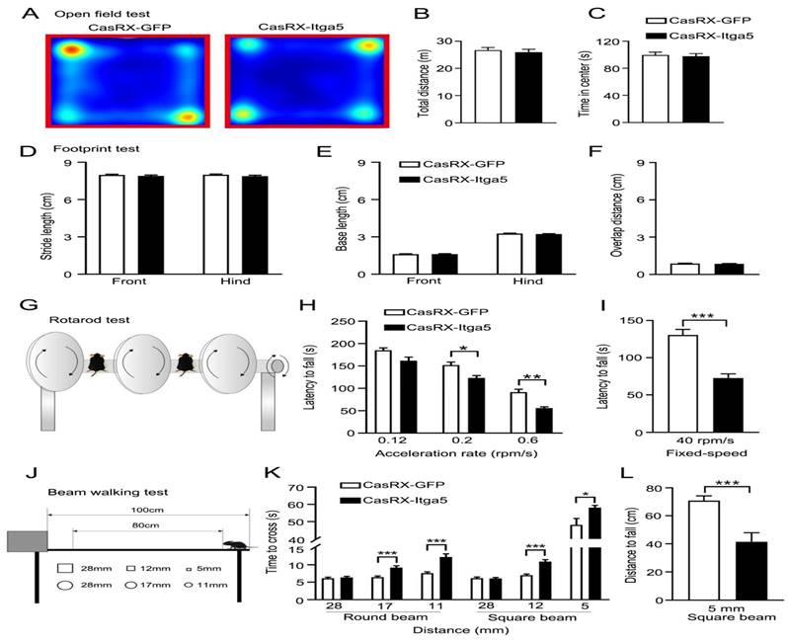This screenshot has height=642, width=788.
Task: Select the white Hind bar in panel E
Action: point(509,253)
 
